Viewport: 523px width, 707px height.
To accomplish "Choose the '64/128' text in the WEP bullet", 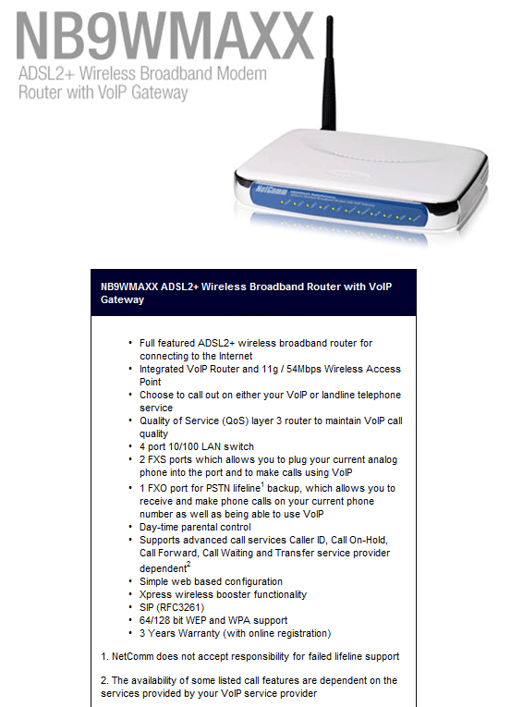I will tap(157, 620).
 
